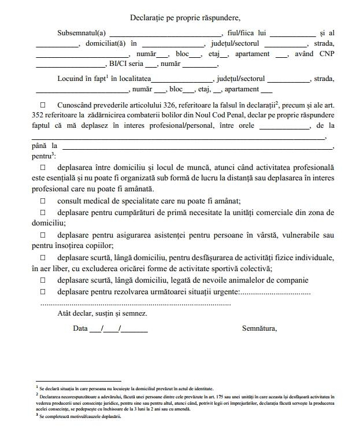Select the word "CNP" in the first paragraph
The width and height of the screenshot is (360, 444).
pos(324,54)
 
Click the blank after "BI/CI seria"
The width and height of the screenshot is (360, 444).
pos(151,65)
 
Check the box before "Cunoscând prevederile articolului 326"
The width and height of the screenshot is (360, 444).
pos(43,105)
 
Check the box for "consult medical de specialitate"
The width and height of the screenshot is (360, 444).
pos(43,201)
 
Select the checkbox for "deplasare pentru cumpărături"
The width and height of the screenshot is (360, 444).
pos(43,213)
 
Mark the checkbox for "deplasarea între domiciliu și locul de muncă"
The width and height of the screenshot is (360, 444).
pos(43,167)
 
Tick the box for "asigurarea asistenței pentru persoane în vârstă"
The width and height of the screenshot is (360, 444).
pos(43,235)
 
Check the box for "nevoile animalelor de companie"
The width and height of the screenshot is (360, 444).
pos(43,280)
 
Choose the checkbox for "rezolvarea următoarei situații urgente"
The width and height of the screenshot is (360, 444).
pos(43,292)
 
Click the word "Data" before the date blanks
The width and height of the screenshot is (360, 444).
pos(80,328)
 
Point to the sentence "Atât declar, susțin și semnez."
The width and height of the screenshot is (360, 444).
pos(102,313)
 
